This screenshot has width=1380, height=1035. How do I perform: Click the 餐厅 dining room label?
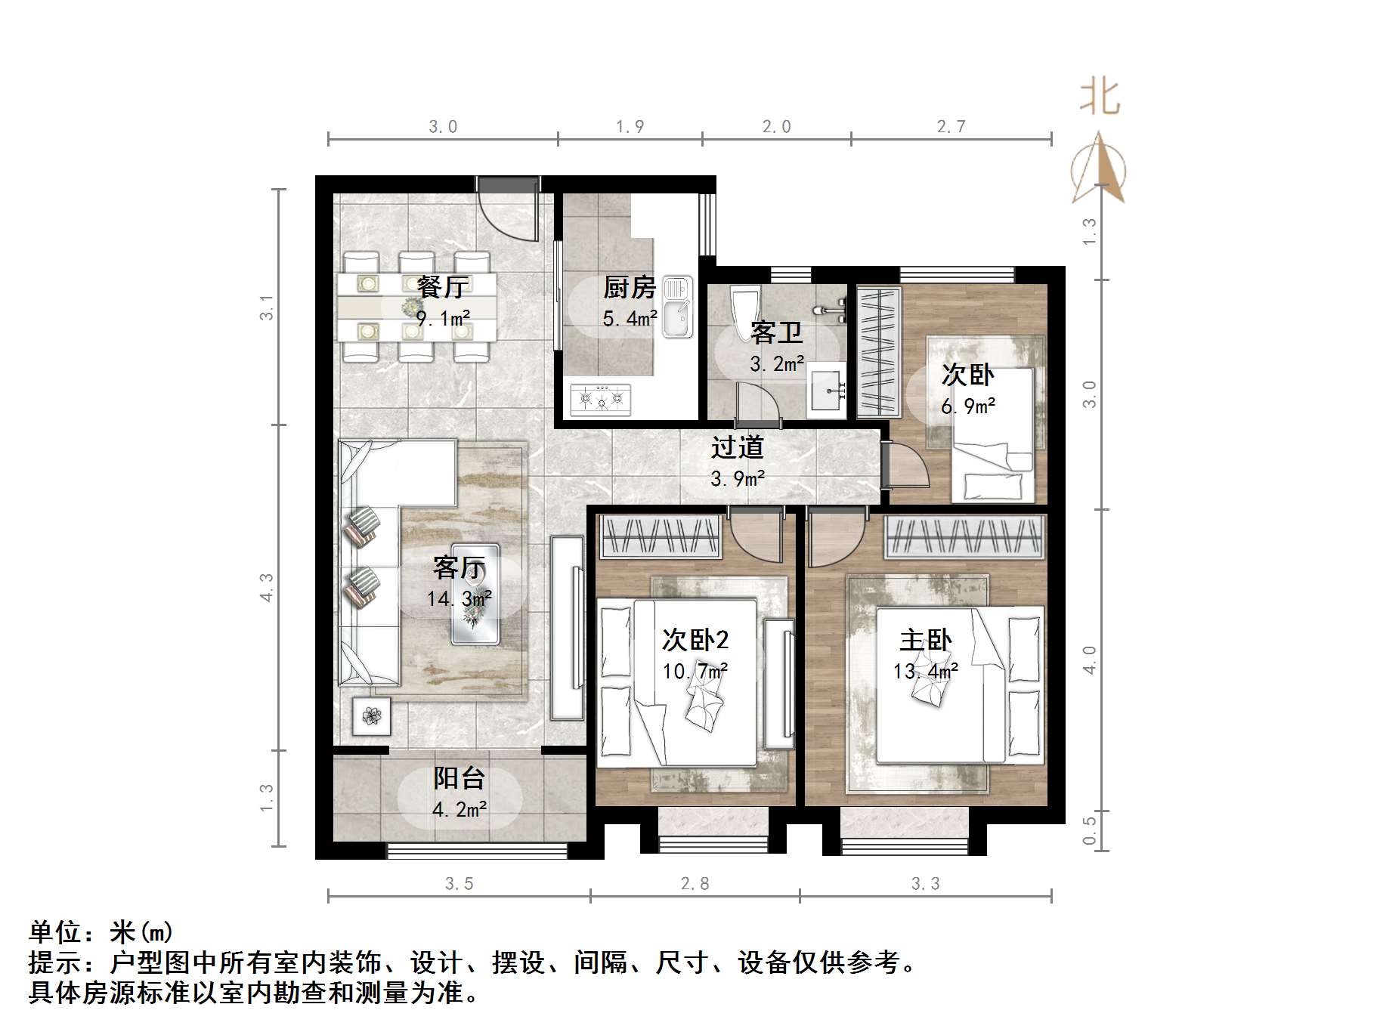point(443,287)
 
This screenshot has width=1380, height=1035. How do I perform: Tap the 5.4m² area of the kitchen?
point(630,319)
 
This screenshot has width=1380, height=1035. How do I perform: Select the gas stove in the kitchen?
point(602,399)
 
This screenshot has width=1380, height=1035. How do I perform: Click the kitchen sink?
point(678,307)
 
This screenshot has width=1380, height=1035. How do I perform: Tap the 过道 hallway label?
point(737,447)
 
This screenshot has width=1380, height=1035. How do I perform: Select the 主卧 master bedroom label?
point(925,641)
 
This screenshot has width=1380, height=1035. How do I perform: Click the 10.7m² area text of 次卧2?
point(695,671)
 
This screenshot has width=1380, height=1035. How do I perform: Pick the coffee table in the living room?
point(475,594)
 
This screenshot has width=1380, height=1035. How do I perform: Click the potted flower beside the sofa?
point(371,715)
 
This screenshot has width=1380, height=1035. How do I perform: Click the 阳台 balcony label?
point(459,778)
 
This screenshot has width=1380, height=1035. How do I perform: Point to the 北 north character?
point(1100,98)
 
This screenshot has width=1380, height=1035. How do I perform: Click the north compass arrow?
point(1100,170)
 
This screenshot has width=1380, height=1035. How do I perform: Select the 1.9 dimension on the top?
point(630,127)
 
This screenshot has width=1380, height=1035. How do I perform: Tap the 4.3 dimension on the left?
point(266,587)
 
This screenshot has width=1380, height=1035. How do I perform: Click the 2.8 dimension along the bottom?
point(695,883)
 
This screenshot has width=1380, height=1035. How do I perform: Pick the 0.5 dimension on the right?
point(1089,830)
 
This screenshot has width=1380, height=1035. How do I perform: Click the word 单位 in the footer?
point(56,932)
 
